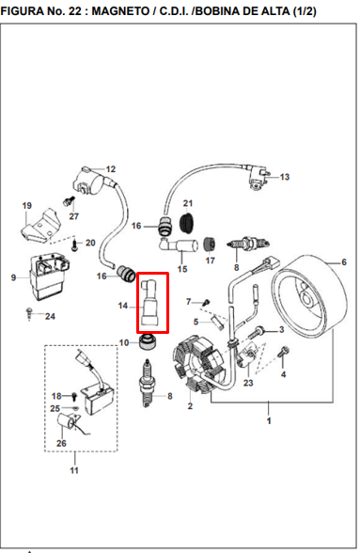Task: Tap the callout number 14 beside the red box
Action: (x=123, y=306)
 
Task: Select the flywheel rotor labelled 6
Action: (x=309, y=296)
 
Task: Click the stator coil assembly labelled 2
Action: (x=200, y=363)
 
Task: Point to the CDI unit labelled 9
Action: (x=49, y=276)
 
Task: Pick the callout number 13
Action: (x=285, y=177)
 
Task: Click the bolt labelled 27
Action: (x=69, y=202)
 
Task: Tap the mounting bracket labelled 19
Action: (x=40, y=228)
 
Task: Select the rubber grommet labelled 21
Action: (x=187, y=222)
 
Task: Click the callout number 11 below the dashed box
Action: (x=74, y=470)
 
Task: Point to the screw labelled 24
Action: (x=30, y=313)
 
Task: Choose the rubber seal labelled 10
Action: (x=148, y=342)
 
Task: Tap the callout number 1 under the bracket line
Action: (x=269, y=420)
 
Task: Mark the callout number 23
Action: (x=248, y=382)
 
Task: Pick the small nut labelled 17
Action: (x=210, y=245)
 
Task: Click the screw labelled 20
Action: (x=74, y=245)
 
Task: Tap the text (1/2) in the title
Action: (x=304, y=11)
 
